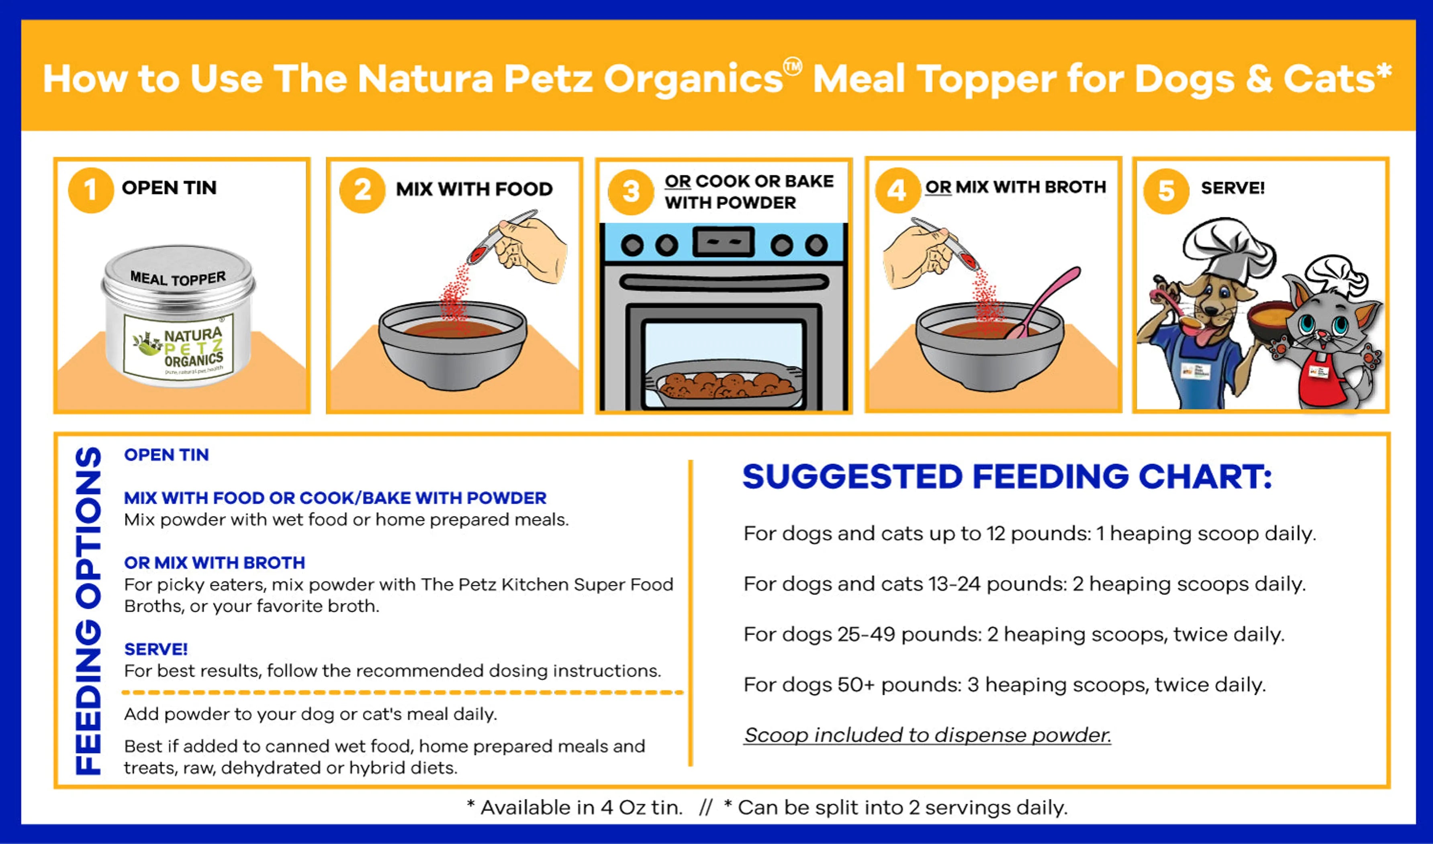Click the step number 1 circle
pos(90,191)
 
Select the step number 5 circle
pos(1166,191)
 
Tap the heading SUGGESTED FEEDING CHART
pos(1006,477)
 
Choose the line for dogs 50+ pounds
pos(1004,685)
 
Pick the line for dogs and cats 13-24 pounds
pos(1024,584)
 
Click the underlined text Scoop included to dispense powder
pos(927,735)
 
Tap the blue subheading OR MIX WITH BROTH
pos(215,563)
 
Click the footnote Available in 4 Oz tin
pos(574,807)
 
